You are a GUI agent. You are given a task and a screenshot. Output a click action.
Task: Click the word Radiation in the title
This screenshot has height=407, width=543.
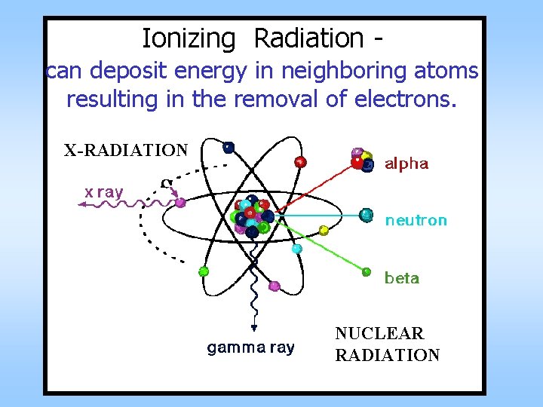tap(308, 37)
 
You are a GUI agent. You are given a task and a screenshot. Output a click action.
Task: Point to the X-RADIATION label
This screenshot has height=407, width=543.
tap(126, 150)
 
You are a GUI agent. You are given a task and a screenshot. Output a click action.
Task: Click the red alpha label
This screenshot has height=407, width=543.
tap(406, 164)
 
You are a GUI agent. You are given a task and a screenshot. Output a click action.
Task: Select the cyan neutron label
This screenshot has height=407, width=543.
tap(416, 221)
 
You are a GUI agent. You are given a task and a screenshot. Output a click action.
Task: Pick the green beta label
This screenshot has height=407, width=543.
tap(402, 278)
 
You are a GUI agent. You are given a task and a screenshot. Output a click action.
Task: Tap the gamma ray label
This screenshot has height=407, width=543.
tap(251, 347)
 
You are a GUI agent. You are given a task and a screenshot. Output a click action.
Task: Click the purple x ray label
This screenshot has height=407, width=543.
tap(103, 192)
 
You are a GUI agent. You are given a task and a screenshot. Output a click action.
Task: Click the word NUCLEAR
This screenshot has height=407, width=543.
tap(379, 333)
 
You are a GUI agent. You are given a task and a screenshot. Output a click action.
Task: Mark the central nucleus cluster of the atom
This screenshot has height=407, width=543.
tap(251, 216)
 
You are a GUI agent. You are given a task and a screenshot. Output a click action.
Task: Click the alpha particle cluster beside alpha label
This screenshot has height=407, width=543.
tap(362, 160)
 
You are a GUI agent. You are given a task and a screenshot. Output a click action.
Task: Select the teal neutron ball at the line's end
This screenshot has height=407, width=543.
tap(367, 216)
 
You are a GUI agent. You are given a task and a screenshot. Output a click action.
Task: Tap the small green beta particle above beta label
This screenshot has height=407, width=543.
tap(367, 271)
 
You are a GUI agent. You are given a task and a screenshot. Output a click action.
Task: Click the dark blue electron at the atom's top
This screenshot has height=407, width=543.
tap(228, 148)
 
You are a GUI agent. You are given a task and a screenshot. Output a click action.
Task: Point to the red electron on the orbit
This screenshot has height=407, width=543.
tap(301, 162)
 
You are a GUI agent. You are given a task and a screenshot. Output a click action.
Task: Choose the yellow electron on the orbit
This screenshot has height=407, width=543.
tap(324, 231)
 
